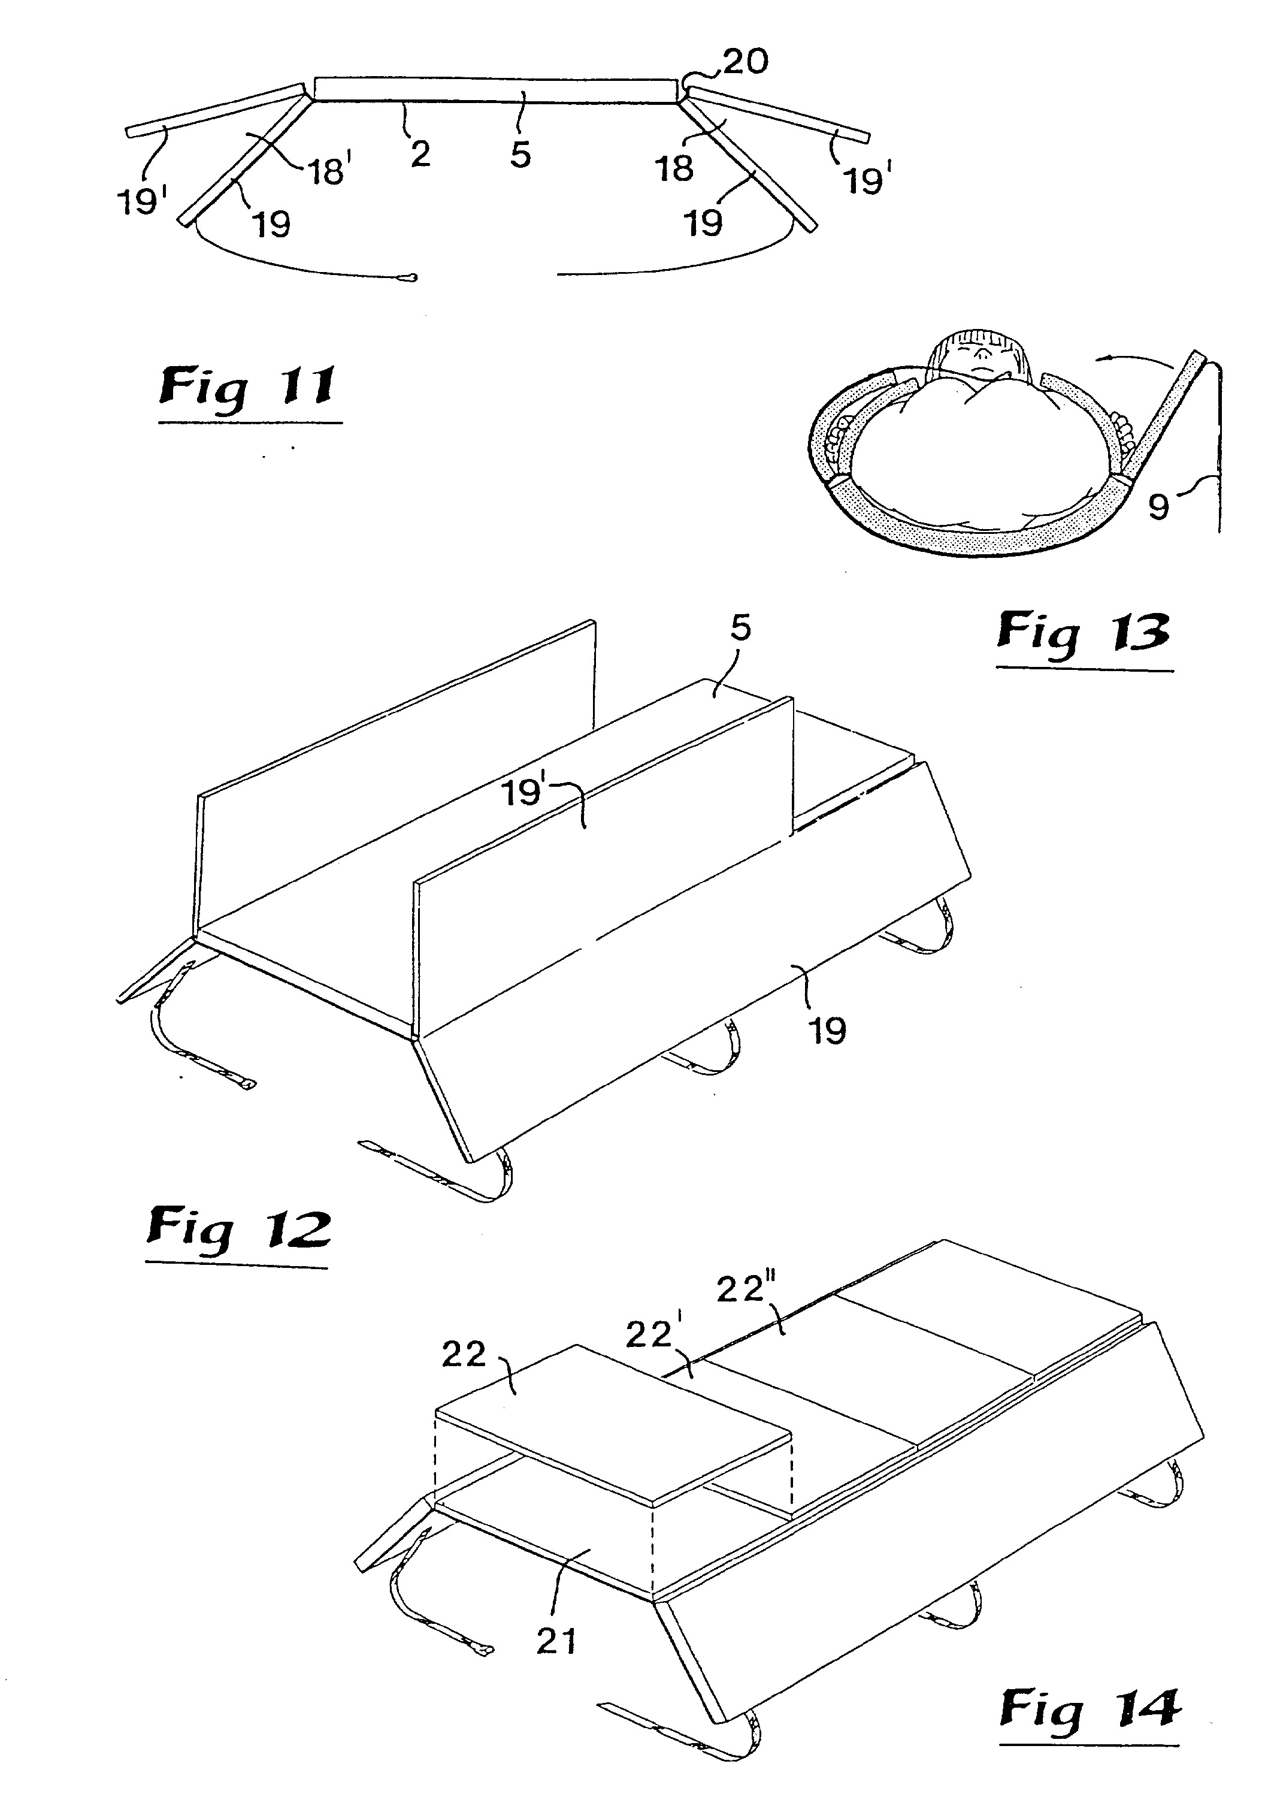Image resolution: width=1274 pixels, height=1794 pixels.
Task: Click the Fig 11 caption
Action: point(249,388)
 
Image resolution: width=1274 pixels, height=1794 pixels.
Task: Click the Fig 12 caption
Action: point(239,1231)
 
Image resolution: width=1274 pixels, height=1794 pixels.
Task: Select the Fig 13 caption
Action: point(1084,633)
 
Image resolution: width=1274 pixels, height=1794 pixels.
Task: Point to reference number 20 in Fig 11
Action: point(745,61)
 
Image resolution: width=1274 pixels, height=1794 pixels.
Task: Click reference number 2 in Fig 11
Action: point(420,154)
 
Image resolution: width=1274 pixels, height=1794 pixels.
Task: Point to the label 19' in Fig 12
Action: point(523,793)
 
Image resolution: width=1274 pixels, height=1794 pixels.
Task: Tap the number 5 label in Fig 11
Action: point(520,155)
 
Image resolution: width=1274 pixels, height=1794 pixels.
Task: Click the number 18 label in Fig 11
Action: point(674,168)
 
